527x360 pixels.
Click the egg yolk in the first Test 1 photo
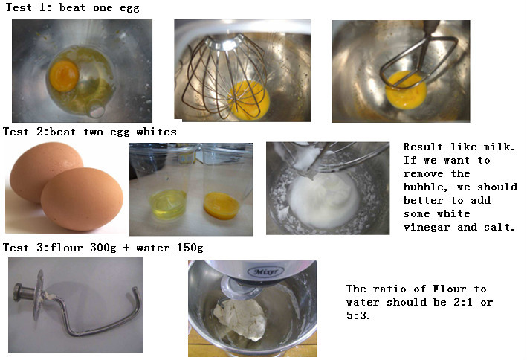(x=64, y=76)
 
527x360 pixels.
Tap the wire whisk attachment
(x=224, y=76)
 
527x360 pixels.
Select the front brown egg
(x=82, y=199)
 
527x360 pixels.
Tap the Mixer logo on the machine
(x=265, y=271)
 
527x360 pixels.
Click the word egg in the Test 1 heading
(x=129, y=8)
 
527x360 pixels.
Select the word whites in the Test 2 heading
(x=156, y=132)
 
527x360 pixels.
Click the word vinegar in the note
(x=427, y=228)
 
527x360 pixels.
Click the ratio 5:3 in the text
(x=358, y=315)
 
